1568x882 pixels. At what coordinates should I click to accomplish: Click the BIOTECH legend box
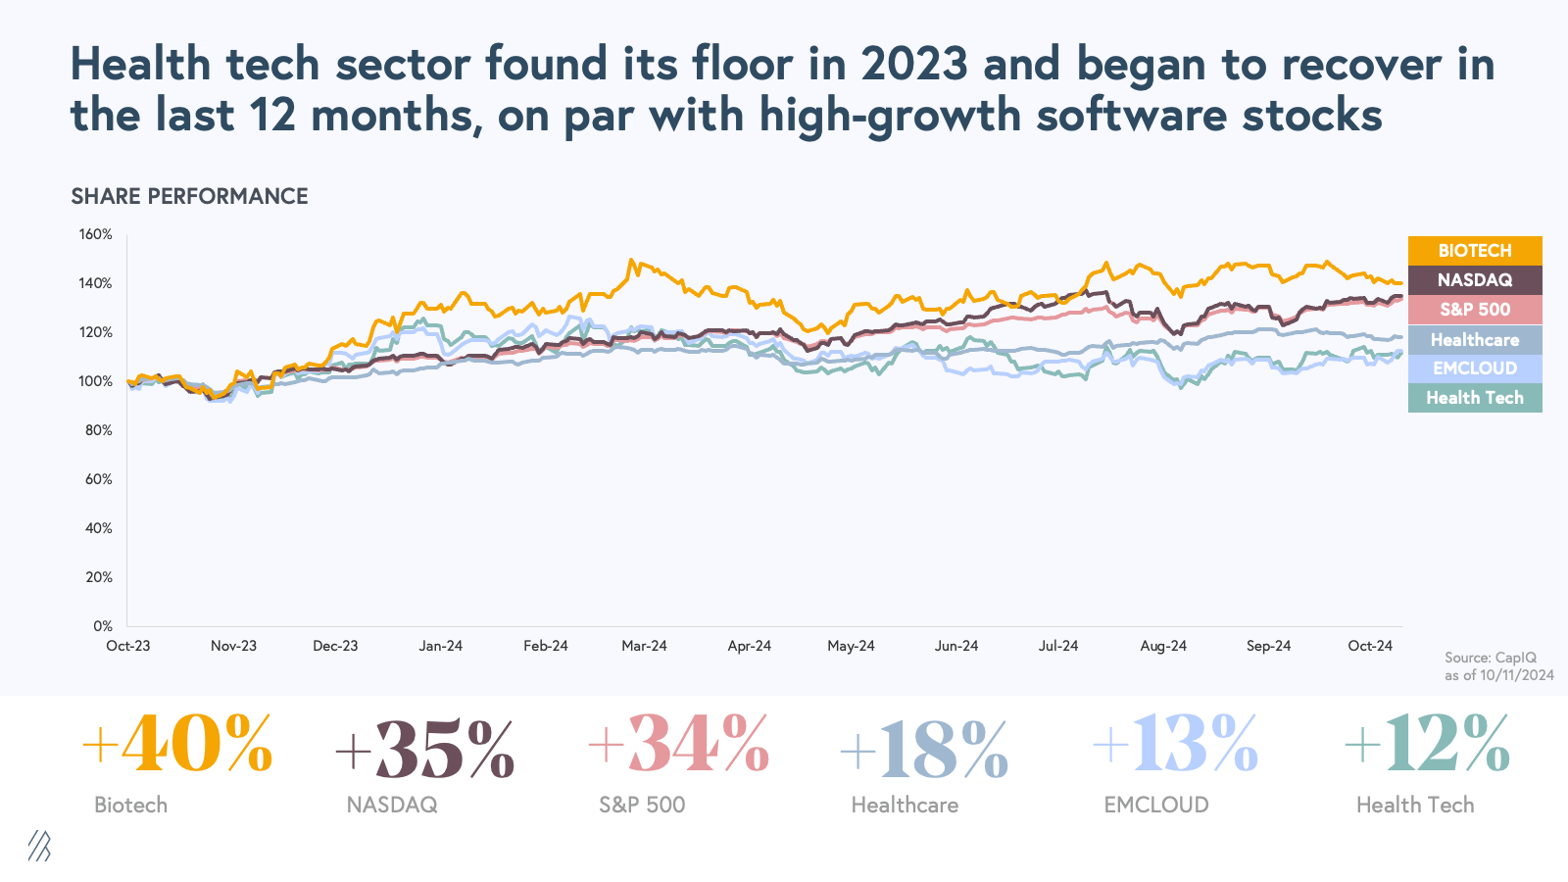coord(1475,251)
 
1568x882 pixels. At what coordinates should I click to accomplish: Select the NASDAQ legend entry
coord(1475,280)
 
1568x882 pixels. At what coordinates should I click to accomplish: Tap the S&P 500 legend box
coord(1475,310)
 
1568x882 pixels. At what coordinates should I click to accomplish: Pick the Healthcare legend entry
coord(1475,340)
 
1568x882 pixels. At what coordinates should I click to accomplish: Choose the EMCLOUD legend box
coord(1475,368)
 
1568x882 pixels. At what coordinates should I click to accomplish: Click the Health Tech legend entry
coord(1475,398)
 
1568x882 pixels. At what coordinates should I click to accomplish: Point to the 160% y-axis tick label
coord(96,235)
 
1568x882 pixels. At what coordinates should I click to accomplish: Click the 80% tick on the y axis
coord(99,430)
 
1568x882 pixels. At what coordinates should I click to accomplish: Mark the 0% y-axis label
coord(103,626)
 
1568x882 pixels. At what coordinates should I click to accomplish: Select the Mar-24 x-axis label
coord(644,646)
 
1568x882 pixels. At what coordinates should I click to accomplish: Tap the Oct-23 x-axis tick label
coord(128,646)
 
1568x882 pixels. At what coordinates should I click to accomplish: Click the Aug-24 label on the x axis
coord(1163,646)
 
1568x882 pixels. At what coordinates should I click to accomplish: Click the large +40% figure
coord(177,745)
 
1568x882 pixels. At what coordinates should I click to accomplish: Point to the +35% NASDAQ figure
coord(425,749)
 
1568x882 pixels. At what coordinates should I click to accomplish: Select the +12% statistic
coord(1428,745)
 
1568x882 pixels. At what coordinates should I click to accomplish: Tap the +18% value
coord(924,749)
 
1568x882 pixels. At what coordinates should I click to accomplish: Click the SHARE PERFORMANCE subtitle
coord(189,196)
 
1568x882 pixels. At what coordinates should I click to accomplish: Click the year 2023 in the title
coord(914,65)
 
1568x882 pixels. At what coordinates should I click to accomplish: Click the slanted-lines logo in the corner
coord(39,846)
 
